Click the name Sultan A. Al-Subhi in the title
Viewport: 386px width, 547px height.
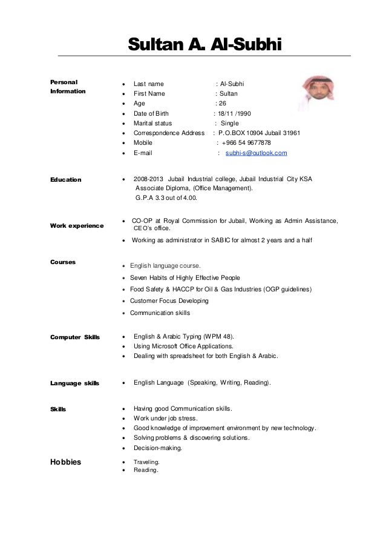[x=203, y=45]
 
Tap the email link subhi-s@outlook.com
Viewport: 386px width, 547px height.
[x=256, y=154]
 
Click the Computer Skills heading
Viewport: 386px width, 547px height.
[x=75, y=336]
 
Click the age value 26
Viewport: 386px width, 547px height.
[x=222, y=104]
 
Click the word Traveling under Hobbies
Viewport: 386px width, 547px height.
[x=146, y=462]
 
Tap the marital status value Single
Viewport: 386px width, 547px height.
[x=231, y=123]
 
